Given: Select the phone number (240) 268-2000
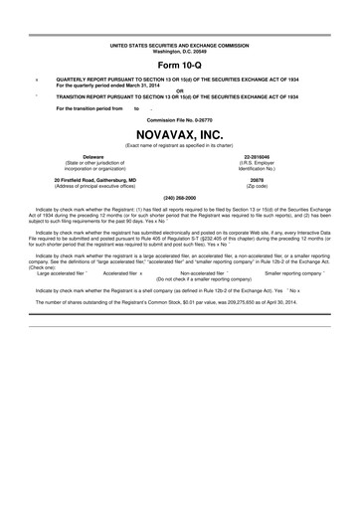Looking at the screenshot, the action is pyautogui.click(x=180, y=197).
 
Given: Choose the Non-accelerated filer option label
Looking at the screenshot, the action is pyautogui.click(x=201, y=271).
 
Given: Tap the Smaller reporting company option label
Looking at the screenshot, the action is pyautogui.click(x=297, y=271).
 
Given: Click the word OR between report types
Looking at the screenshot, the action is pyautogui.click(x=180, y=89).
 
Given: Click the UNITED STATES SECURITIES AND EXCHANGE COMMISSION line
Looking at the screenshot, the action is pyautogui.click(x=180, y=45).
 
